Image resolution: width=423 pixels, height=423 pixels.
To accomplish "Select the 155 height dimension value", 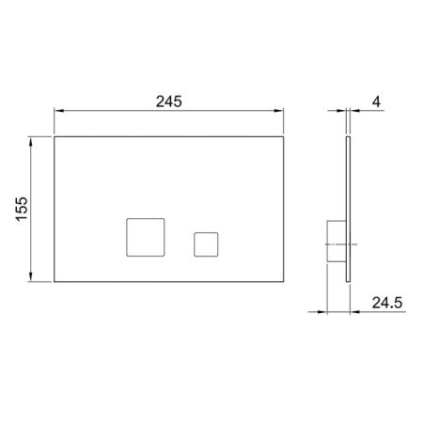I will tap(23, 210).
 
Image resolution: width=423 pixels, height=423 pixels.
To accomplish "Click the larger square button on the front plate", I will tap(144, 236).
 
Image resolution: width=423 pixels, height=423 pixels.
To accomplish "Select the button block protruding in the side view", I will tap(335, 243).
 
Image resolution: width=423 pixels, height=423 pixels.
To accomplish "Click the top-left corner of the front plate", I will tap(55, 137).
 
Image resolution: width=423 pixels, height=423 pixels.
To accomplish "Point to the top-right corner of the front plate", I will tap(285, 137).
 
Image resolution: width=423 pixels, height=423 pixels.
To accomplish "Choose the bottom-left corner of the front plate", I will tap(55, 281).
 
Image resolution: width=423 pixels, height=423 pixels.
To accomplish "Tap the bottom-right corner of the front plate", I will tap(285, 281).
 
